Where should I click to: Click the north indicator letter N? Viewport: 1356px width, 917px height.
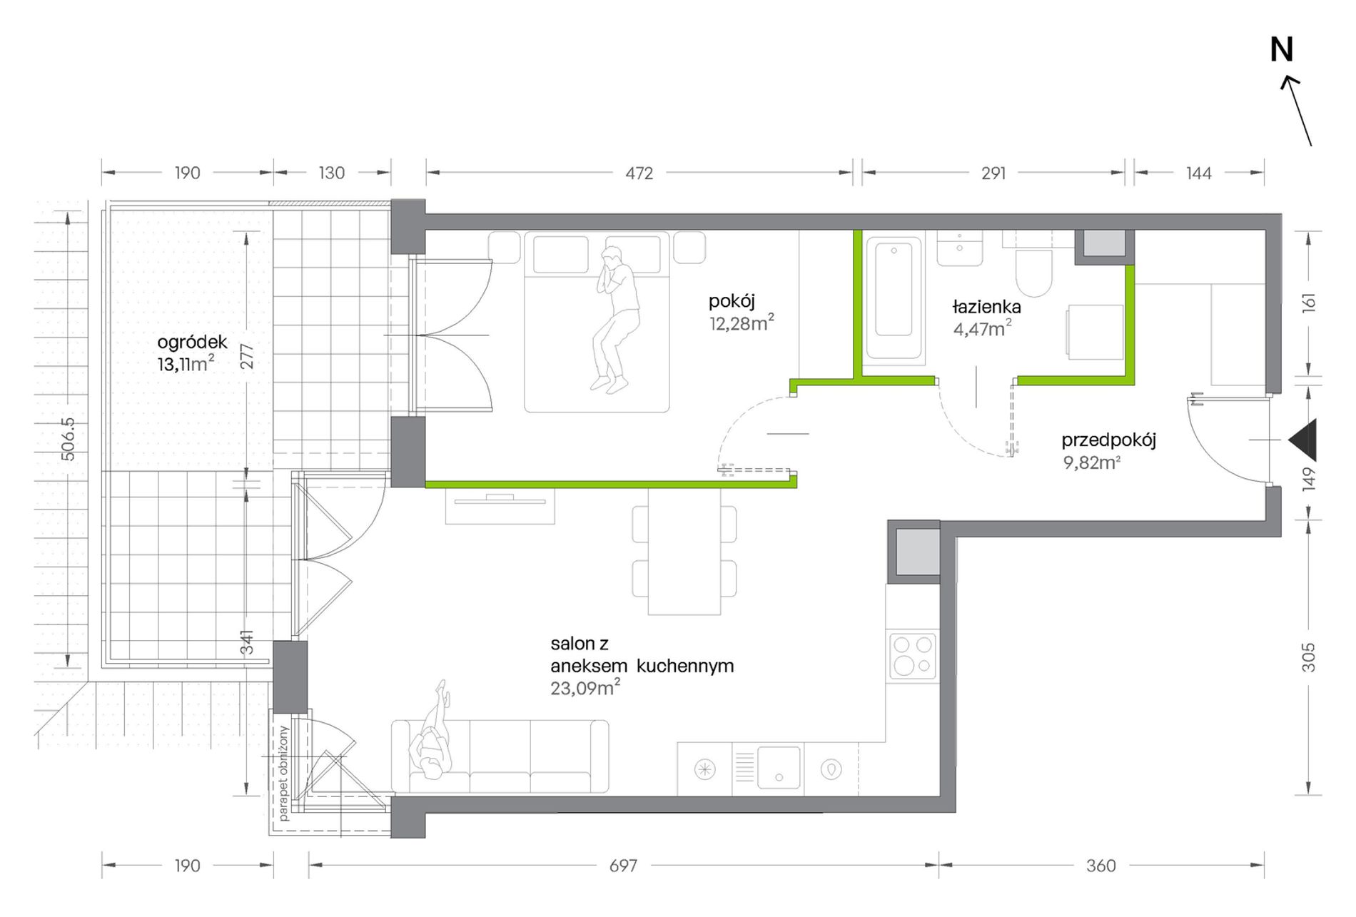[1282, 50]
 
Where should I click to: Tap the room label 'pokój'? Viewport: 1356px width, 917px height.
[732, 302]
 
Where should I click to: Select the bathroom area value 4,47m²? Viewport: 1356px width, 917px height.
[982, 328]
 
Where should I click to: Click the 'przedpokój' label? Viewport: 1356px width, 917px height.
[1108, 440]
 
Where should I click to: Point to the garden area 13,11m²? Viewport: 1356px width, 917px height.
[186, 364]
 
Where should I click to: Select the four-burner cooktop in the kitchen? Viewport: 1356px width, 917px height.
[913, 655]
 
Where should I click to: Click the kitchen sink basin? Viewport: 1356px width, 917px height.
[779, 769]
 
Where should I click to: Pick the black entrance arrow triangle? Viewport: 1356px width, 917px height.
[1304, 440]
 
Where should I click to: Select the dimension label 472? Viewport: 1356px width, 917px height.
[639, 173]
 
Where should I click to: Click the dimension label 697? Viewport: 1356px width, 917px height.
[623, 866]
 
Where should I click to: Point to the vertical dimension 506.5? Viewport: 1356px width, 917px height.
[68, 438]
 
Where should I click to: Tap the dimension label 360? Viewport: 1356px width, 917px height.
[1101, 866]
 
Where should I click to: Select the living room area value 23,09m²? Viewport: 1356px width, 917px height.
[585, 687]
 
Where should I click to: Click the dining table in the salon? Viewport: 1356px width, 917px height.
[684, 550]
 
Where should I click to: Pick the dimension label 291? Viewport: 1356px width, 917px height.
[993, 173]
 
